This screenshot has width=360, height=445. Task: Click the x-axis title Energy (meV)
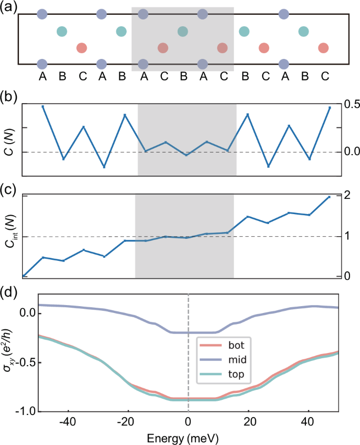click(x=188, y=437)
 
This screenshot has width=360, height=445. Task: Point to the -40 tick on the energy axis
click(x=67, y=422)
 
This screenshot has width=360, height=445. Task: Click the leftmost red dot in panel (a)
click(x=81, y=48)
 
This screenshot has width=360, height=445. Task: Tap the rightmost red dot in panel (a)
click(x=323, y=48)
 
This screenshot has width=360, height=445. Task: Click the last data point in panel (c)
click(x=329, y=197)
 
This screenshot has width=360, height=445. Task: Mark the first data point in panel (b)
click(x=43, y=106)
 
